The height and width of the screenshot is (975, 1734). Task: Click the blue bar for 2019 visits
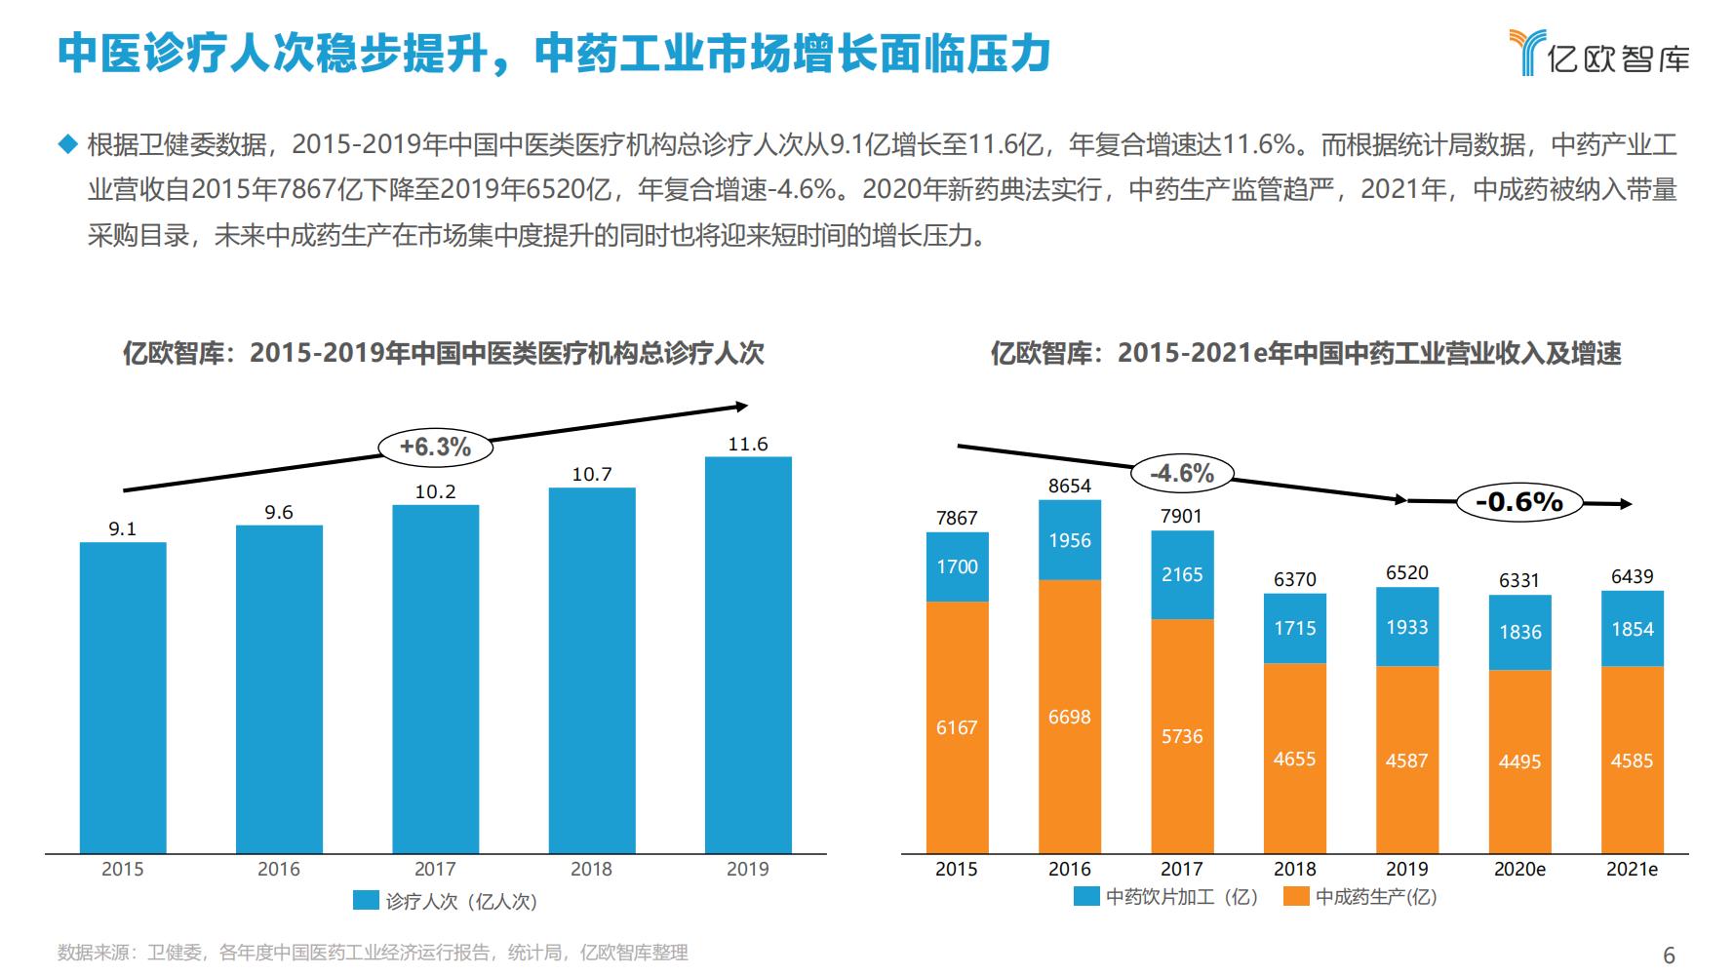pos(748,655)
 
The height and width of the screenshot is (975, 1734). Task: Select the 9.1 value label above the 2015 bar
pos(123,528)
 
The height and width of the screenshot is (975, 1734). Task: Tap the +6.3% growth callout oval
pos(435,447)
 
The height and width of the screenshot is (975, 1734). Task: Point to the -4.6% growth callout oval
pos(1182,474)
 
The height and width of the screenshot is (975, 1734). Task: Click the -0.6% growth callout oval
pos(1518,502)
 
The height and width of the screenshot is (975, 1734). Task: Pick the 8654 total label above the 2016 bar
pos(1070,486)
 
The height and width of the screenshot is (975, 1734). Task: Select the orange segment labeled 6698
pos(1070,718)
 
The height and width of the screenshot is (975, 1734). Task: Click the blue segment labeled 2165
pos(1182,575)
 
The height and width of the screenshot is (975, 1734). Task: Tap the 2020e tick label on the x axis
pos(1519,869)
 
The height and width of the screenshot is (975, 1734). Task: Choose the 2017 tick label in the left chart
pos(435,869)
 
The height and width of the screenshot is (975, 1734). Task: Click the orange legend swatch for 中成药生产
pos(1296,896)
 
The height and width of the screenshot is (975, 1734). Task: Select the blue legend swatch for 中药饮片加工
pos(1086,896)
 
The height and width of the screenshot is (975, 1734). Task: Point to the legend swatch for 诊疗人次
pos(366,901)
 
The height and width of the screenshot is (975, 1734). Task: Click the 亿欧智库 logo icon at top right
pos(1527,52)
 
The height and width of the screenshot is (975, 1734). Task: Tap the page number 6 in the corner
pos(1669,955)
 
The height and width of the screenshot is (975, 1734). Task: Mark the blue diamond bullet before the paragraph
pos(67,144)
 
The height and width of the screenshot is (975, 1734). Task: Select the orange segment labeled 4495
pos(1519,761)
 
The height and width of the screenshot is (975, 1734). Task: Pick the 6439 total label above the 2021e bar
pos(1632,576)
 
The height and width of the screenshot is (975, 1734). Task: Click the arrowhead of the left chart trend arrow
pos(742,406)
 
